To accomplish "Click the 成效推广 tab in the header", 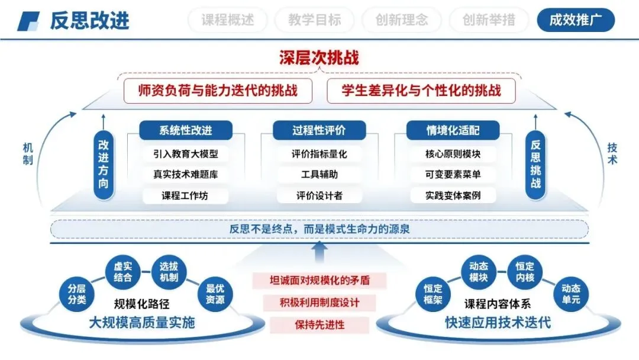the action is pos(576,20).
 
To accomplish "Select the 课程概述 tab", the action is pos(227,20).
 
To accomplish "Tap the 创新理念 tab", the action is pos(402,20).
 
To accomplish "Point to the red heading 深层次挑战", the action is pos(319,57).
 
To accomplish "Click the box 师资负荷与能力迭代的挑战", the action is pos(217,91).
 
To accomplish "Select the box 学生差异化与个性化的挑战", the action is pos(421,91).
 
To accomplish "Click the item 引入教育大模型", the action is pos(186,154).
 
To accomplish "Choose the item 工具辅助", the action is pos(319,175).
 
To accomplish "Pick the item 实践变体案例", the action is pos(453,195).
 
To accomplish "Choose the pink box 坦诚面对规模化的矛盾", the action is pos(319,280).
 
